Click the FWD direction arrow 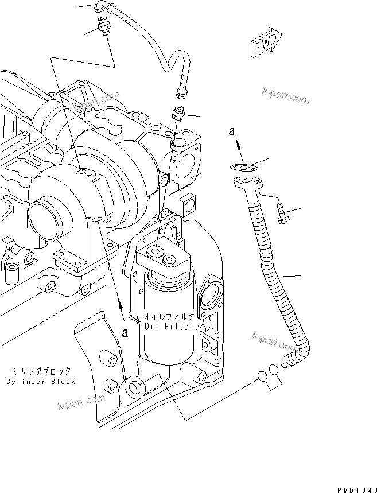pos(265,44)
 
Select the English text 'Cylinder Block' pos(41,382)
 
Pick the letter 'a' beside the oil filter pos(125,332)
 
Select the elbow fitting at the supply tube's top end pos(102,7)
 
